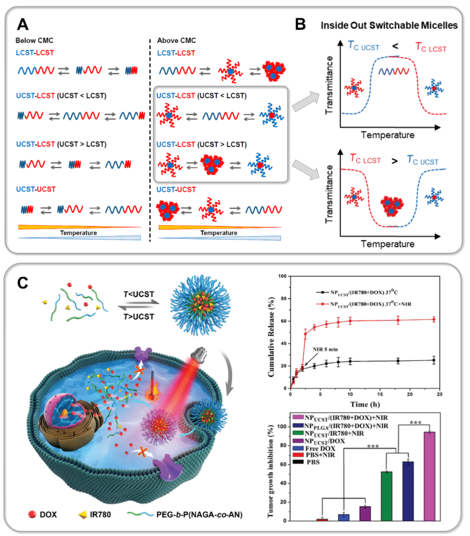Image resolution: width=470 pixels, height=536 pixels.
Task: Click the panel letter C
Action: click(x=22, y=283)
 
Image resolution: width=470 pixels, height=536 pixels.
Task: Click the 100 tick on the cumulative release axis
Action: click(x=282, y=276)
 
